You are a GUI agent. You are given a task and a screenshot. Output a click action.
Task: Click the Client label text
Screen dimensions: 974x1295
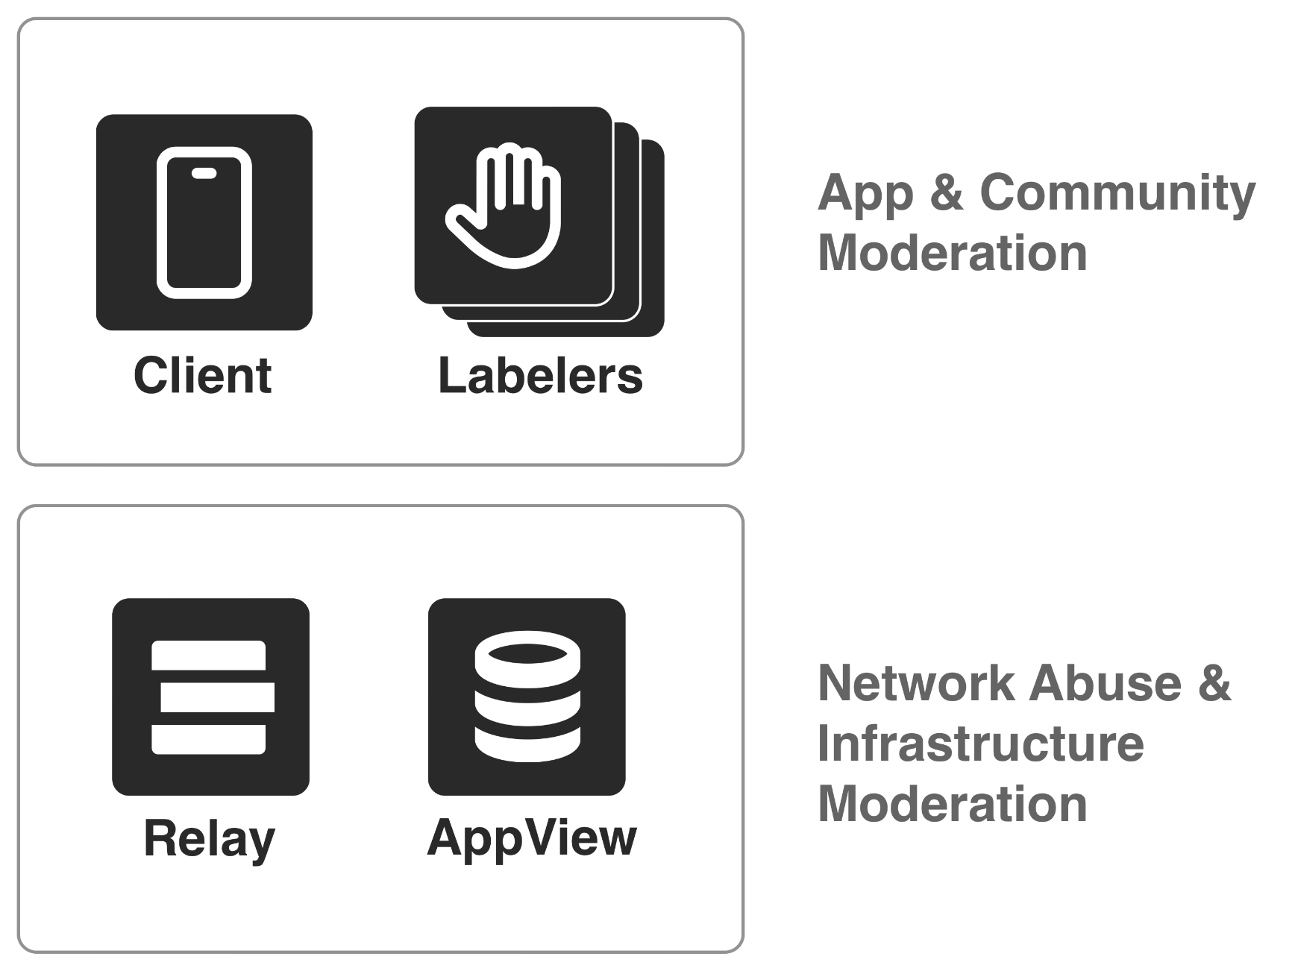[x=202, y=375]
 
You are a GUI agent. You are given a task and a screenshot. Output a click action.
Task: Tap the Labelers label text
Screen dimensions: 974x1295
[x=540, y=375]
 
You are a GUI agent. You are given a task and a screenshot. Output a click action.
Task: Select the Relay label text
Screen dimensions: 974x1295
[x=209, y=839]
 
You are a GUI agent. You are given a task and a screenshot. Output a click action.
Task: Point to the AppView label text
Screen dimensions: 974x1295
[x=532, y=838]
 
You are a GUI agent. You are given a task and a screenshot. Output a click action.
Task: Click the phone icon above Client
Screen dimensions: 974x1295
[x=204, y=222]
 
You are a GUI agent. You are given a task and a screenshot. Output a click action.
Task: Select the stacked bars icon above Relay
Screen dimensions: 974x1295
[x=210, y=697]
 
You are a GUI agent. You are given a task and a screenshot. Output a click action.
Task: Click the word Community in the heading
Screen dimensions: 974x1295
[x=1117, y=192]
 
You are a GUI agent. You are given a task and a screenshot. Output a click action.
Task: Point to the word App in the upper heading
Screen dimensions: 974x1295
[x=865, y=194]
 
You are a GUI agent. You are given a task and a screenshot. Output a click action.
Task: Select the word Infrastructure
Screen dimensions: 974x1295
[x=981, y=744]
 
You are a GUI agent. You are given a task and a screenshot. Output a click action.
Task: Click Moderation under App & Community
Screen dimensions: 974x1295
[x=953, y=253]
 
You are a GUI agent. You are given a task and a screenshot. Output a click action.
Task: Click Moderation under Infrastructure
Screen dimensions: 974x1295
[x=953, y=804]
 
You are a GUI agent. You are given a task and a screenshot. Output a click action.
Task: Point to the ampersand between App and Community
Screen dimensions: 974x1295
[x=947, y=192]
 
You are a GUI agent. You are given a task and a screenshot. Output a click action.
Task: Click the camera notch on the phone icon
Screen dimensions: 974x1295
[x=204, y=173]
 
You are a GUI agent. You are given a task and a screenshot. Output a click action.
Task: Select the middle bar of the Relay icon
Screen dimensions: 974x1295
[x=217, y=697]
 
